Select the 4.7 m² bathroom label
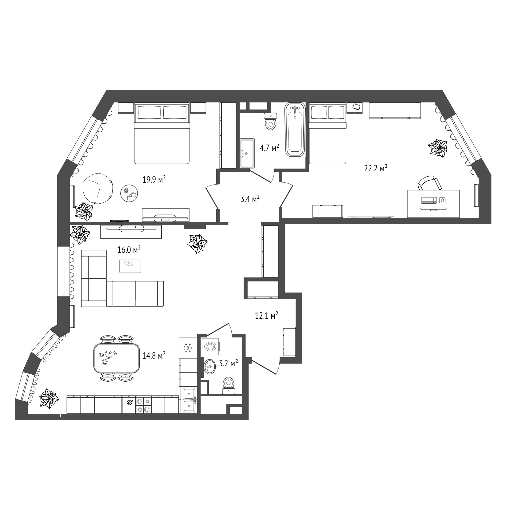point(269,148)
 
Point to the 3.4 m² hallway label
point(250,199)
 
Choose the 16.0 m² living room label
point(129,250)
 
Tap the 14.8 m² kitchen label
point(154,356)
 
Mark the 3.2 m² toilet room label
point(229,364)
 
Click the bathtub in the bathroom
point(295,129)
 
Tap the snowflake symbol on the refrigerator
point(188,348)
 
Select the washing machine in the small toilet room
point(211,347)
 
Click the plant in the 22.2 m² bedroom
point(438,148)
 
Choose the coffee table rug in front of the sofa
point(130,266)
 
